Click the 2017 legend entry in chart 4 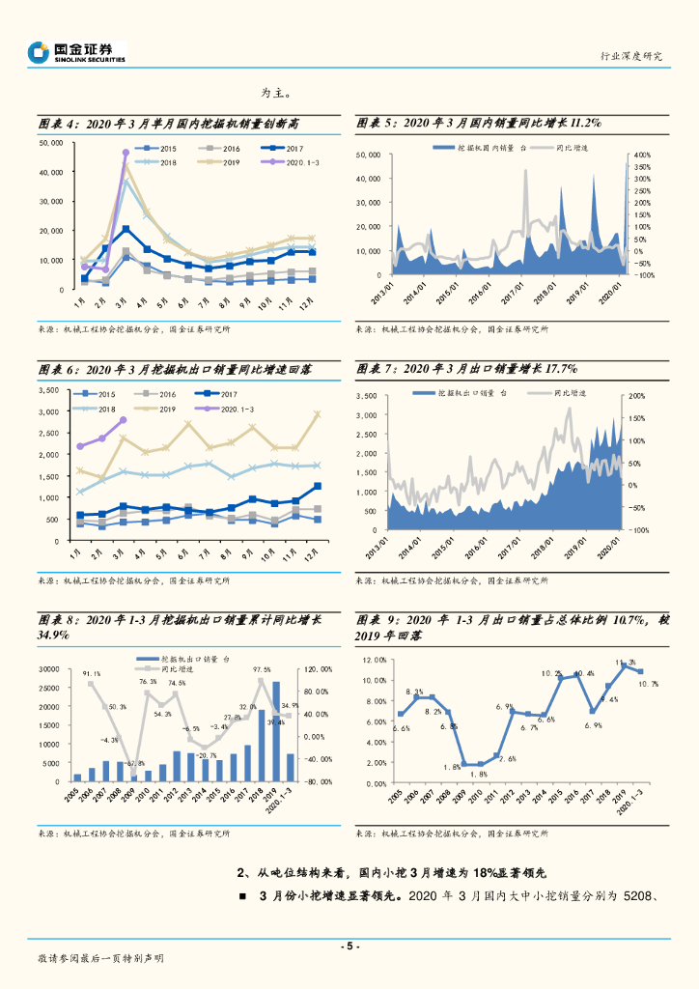pos(288,148)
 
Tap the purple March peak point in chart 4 pos(126,153)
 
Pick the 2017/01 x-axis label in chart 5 pos(517,291)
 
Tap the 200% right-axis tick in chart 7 pos(638,397)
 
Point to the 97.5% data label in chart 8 pos(262,669)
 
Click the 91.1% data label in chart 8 pos(92,672)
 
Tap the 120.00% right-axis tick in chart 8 pos(319,669)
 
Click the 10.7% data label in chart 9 pos(649,684)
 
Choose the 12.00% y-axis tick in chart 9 pos(374,661)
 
